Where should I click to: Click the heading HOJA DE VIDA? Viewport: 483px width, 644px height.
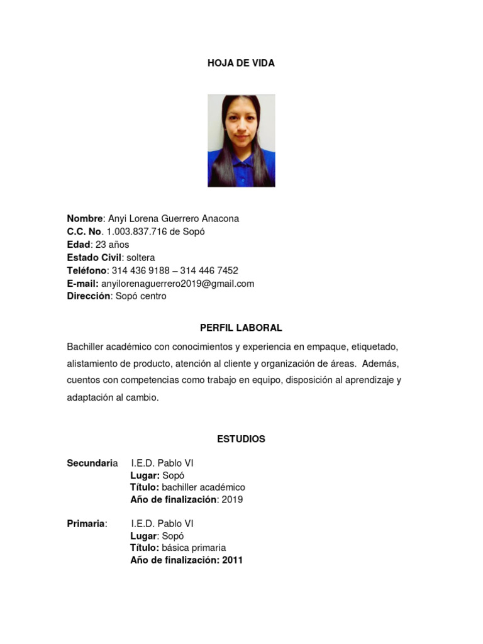(241, 64)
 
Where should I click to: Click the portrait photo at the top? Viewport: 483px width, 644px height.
(241, 140)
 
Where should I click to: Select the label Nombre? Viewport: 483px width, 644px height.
(84, 218)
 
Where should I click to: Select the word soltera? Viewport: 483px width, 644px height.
(141, 257)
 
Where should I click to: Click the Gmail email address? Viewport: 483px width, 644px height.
(178, 284)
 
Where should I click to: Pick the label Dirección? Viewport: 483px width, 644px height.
(88, 296)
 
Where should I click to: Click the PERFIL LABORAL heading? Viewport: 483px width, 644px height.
(241, 328)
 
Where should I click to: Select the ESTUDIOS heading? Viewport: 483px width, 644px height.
(241, 439)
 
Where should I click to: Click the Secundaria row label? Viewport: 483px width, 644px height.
(92, 464)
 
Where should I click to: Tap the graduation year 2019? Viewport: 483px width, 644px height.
(232, 500)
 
